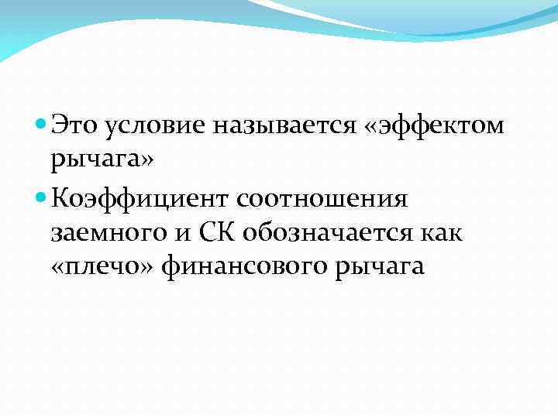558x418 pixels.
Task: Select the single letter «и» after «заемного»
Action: [x=175, y=234]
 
